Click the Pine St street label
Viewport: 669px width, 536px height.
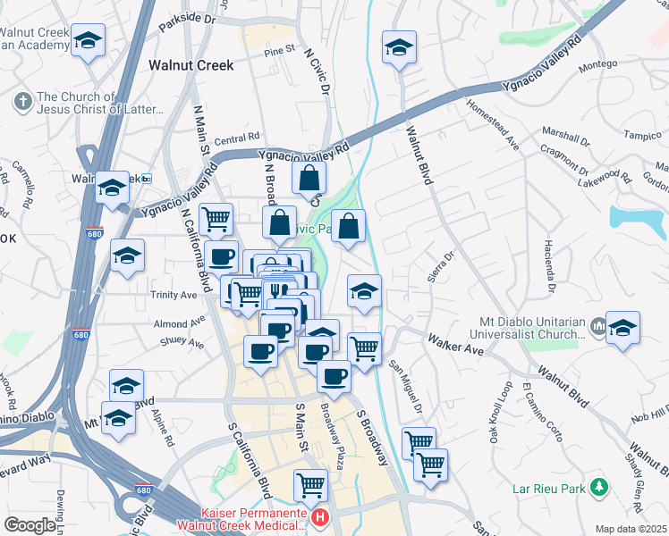point(279,50)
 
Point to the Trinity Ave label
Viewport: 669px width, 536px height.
point(174,295)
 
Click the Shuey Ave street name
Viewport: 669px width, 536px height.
point(182,341)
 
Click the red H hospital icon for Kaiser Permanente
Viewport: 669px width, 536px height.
point(319,517)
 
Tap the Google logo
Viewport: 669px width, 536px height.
point(29,525)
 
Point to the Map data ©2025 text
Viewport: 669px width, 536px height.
point(631,529)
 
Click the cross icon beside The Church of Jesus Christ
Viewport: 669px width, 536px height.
point(21,99)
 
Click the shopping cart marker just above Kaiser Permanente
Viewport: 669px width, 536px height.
point(310,485)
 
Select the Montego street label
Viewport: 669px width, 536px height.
point(598,64)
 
